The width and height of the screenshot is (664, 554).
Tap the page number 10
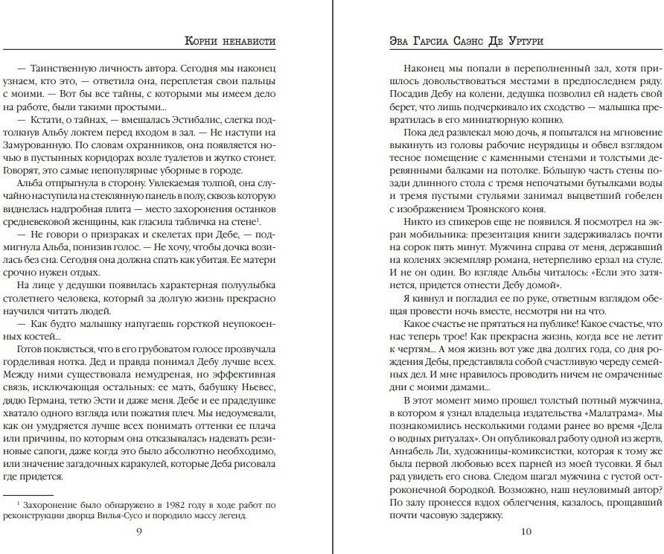pos(526,530)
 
